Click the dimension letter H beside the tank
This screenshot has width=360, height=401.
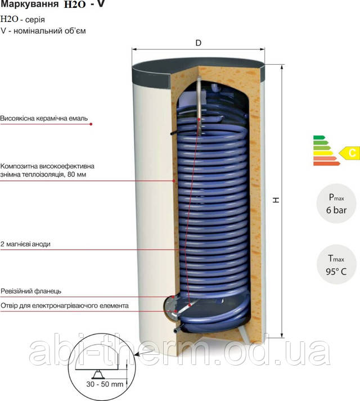[x=276, y=201]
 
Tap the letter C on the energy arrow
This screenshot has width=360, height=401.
[x=352, y=152]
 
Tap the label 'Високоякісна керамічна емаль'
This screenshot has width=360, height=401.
[x=45, y=120]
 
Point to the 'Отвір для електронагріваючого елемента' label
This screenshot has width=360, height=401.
[x=65, y=305]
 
